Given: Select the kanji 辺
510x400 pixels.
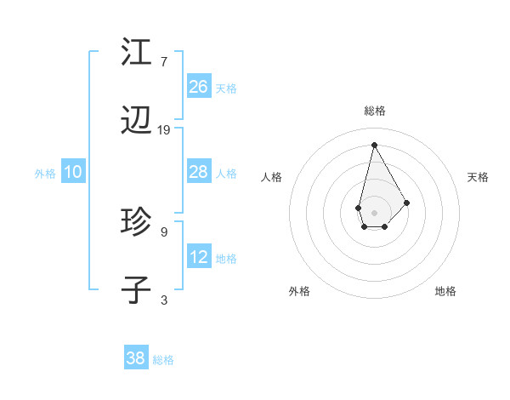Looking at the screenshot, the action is [136, 122].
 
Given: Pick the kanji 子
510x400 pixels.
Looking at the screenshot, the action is [136, 290].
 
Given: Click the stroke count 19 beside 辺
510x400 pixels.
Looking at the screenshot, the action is [164, 130].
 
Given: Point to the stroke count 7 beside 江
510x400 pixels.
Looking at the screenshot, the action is [163, 61].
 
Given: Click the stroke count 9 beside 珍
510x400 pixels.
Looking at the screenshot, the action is [163, 231].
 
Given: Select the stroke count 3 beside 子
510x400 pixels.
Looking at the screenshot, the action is [163, 300].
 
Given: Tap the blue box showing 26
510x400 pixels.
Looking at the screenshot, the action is [199, 87].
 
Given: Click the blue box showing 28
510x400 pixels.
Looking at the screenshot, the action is [199, 172].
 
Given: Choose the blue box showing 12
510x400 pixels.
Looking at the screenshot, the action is [199, 257].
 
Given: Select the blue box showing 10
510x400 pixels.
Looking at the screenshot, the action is [73, 172].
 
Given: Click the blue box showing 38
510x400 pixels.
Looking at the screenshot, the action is [136, 358].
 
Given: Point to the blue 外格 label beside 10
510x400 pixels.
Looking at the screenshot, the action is [45, 174].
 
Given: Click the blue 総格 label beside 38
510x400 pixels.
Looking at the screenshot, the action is [163, 360].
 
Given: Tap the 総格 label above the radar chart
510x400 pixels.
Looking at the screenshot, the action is [375, 111].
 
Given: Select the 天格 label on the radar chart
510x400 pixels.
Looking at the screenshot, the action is [478, 177].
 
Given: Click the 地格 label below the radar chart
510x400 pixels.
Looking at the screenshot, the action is [445, 291].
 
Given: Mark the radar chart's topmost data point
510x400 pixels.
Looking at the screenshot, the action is [374, 145].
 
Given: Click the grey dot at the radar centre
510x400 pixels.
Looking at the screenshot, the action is [374, 211].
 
